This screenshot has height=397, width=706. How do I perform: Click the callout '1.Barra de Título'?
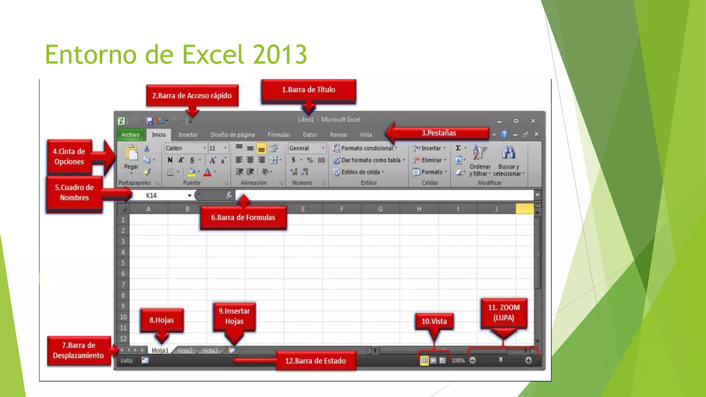pos(309,90)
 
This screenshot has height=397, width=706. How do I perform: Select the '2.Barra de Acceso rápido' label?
pos(192,95)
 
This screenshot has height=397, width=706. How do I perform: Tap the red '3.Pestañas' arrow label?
pos(438,133)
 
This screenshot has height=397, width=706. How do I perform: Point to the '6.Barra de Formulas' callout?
pos(243,217)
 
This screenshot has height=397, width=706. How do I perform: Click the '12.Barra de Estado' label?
pos(315,361)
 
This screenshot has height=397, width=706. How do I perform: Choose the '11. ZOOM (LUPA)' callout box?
pos(504,313)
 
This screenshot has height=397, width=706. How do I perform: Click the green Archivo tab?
pos(130,135)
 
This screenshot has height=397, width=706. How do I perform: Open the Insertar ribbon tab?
pos(188,135)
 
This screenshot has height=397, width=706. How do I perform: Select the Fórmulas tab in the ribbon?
pos(279,135)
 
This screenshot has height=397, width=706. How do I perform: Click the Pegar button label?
pos(131,167)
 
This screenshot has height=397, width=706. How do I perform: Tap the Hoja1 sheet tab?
pos(160,350)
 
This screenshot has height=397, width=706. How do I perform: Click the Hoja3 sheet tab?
pos(210,350)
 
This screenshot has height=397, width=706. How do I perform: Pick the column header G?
pos(380,209)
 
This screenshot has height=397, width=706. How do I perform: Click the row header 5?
pos(123,263)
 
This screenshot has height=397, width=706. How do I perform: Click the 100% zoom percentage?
pos(458,360)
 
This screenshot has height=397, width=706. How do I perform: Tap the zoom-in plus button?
pos(528,360)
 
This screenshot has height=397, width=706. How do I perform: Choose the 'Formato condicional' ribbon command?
pos(367,148)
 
